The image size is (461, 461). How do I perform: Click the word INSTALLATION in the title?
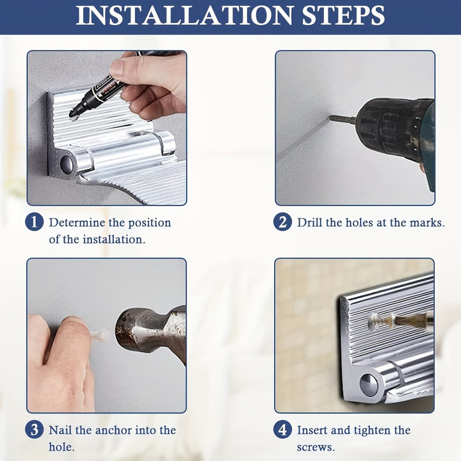coord(185,15)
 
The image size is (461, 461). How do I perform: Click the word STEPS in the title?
coord(343,15)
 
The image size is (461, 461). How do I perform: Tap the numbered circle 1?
coord(35,222)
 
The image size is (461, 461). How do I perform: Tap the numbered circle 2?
coord(282,222)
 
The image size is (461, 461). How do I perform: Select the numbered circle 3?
coord(35,430)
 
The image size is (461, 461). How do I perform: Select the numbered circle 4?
coord(282,430)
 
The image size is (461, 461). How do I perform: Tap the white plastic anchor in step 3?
coord(100,335)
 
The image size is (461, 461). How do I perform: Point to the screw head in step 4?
coord(375,321)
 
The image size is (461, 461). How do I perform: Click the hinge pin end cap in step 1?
coord(67,164)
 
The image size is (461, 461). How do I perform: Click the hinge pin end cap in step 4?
coord(368,385)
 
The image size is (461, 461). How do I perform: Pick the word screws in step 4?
coord(316,447)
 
